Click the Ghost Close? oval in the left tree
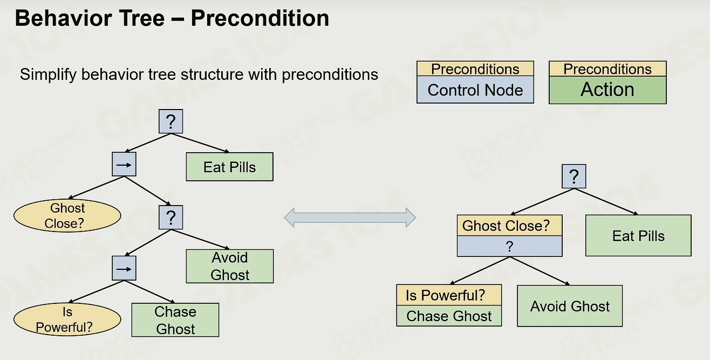[67, 216]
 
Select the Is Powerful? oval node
[67, 320]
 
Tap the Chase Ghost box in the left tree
[175, 320]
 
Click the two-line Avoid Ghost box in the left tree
[230, 266]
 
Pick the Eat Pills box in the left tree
[229, 167]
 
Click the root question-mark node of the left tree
[171, 121]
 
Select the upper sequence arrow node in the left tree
[124, 164]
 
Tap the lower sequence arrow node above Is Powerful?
[124, 268]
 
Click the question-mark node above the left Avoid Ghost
[171, 218]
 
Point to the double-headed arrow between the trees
[350, 218]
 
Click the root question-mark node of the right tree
[574, 176]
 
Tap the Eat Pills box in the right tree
[638, 236]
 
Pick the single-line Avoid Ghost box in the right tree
[570, 306]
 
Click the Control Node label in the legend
[475, 90]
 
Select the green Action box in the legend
[607, 90]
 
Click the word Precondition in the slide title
[260, 18]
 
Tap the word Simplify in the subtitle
[48, 75]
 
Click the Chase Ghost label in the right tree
[449, 316]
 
